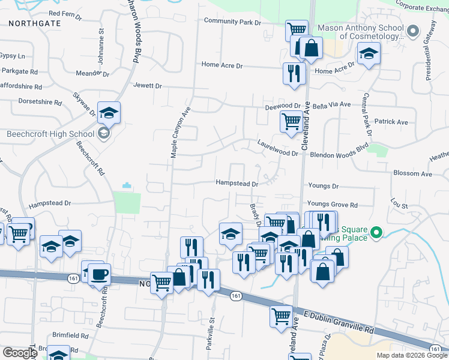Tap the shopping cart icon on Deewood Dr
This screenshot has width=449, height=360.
(291, 121)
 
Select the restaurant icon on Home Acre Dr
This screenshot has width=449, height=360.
(294, 73)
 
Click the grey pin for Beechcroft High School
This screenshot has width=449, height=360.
(104, 133)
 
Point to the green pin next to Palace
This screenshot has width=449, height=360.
(376, 232)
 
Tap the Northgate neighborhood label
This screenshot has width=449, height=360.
(35, 22)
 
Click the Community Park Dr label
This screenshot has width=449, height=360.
(233, 22)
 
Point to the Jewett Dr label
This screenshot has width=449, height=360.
(148, 86)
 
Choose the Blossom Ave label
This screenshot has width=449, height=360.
(412, 174)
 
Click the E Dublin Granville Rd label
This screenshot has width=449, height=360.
(339, 322)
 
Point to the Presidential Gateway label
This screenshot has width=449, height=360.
(431, 50)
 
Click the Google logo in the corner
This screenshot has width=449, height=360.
(20, 353)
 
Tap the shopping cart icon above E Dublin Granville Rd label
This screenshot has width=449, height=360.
(281, 317)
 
